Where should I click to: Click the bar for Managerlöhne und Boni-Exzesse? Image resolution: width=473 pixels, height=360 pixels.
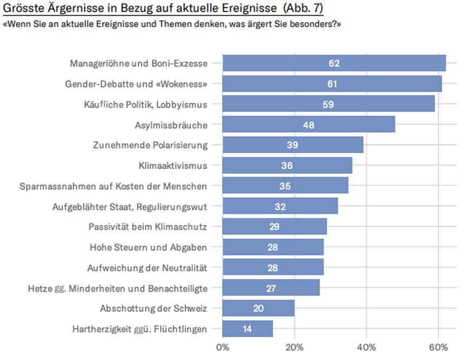point(334,63)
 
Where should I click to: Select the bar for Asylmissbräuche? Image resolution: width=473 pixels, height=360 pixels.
point(308,125)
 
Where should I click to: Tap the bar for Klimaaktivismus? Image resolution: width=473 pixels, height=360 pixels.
point(287,166)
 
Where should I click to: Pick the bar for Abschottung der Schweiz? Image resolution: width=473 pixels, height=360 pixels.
point(258,309)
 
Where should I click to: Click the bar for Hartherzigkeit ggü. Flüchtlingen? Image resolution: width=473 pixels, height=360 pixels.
point(248,329)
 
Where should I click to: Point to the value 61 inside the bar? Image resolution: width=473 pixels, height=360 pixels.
point(332,84)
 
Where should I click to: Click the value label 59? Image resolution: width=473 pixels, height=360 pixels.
point(328,104)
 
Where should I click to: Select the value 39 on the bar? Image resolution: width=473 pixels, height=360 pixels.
point(293,145)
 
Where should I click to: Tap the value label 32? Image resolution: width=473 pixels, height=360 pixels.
point(280,206)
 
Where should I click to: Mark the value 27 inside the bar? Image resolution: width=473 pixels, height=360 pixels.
point(271,288)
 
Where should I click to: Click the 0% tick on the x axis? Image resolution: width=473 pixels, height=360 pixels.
point(223,346)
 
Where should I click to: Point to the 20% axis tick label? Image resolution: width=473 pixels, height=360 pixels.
point(294,346)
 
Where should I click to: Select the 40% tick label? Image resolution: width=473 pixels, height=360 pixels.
point(366,346)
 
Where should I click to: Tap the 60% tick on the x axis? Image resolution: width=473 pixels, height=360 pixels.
point(438,346)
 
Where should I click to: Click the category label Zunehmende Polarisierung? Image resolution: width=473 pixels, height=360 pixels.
point(150,145)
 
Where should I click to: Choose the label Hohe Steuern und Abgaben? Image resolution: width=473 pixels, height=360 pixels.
point(148,247)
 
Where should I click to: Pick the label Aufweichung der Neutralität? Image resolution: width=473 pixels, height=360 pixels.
point(147,267)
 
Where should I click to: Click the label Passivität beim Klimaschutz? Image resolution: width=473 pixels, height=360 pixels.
point(148,227)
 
